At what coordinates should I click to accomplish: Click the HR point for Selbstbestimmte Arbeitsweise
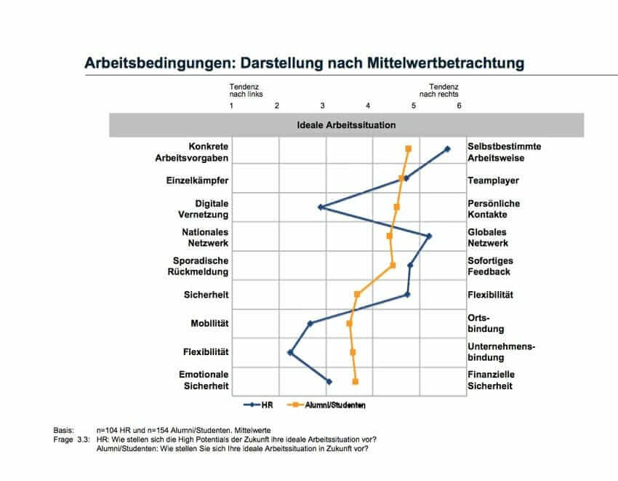[x=447, y=148]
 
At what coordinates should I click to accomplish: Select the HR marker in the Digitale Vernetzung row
[x=321, y=207]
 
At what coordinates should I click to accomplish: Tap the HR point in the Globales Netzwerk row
[x=429, y=236]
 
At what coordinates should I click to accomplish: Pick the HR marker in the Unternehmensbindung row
[x=291, y=352]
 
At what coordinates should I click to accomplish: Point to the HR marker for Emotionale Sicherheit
[x=329, y=381]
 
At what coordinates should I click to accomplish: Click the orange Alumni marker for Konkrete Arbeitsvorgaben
[x=409, y=148]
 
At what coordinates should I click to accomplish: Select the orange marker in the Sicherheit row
[x=357, y=294]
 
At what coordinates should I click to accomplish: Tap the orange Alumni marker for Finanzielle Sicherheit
[x=355, y=381]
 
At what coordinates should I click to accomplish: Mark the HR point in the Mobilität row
[x=310, y=323]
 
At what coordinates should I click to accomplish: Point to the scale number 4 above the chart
[x=368, y=106]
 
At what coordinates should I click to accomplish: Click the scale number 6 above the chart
[x=459, y=106]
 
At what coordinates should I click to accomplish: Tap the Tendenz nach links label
[x=246, y=90]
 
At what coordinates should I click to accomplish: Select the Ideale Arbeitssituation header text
[x=347, y=124]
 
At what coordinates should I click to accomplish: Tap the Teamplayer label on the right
[x=493, y=180]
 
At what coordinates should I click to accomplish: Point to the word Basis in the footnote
[x=64, y=431]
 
